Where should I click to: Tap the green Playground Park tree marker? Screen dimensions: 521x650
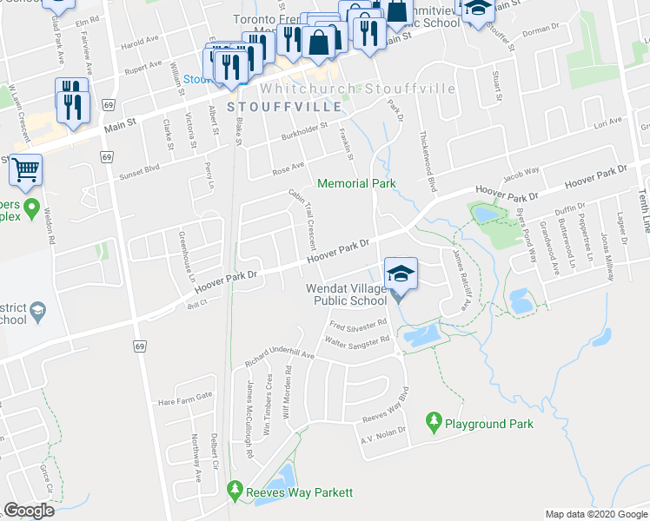[x=433, y=423]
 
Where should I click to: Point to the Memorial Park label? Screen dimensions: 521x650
[x=356, y=183]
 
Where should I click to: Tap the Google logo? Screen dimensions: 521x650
[x=29, y=511]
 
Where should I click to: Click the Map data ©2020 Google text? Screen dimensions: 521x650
[x=595, y=513]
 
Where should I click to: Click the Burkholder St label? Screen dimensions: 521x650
[x=303, y=132]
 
